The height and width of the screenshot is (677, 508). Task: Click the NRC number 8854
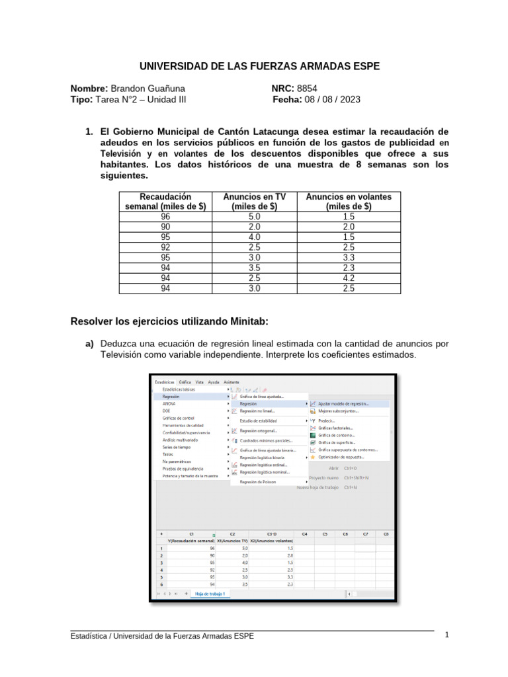308,88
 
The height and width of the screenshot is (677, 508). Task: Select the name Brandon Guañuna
148,88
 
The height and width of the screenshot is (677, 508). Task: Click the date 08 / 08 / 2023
333,100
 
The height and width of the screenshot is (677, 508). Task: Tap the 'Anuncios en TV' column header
255,201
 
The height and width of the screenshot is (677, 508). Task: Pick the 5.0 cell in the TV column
255,216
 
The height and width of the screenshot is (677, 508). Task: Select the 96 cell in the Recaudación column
165,216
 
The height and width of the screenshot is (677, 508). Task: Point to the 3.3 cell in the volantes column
349,258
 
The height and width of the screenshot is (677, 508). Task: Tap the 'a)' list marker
89,344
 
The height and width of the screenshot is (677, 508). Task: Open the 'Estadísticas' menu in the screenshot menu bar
165,382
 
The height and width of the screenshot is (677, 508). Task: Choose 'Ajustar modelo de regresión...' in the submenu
343,403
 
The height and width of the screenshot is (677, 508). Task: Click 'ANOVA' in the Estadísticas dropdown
169,403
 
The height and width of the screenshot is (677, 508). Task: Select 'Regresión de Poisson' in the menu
258,482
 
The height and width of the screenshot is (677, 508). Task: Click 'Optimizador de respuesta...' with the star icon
341,457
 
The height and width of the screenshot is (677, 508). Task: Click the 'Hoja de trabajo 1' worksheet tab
210,594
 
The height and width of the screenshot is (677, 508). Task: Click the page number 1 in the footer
447,635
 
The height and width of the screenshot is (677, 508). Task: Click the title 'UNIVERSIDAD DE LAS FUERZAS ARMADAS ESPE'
259,67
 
